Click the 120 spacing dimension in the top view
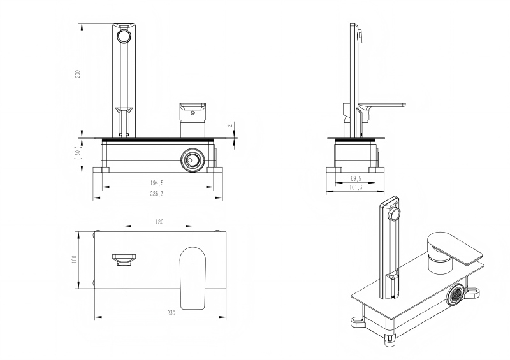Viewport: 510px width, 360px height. point(159,222)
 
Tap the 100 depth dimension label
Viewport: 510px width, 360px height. point(74,259)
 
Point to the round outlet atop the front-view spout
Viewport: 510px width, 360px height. point(123,36)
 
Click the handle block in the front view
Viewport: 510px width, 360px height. point(192,112)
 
